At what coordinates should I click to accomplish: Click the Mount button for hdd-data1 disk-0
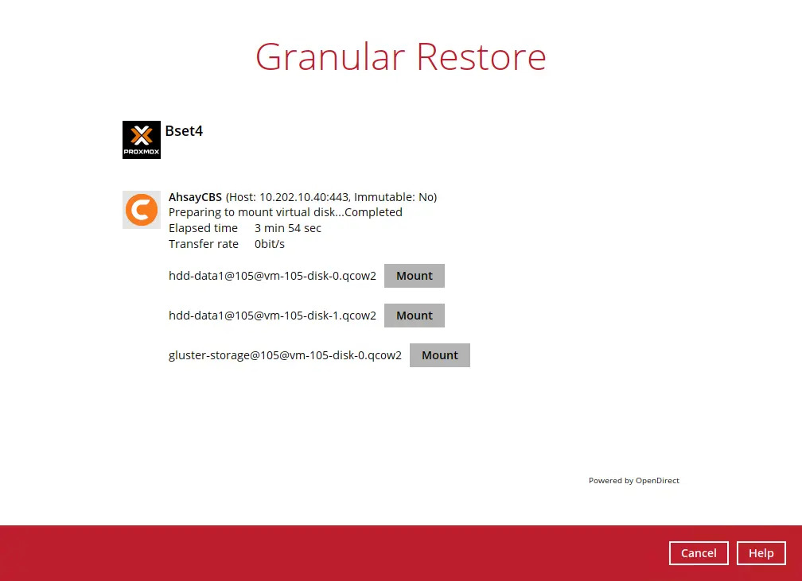tap(415, 276)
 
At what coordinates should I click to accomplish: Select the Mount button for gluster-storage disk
tap(440, 355)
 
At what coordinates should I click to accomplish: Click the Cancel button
tap(699, 553)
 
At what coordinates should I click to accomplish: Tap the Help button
tap(761, 553)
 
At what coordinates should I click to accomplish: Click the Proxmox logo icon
tap(142, 140)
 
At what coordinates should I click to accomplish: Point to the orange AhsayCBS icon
tap(142, 210)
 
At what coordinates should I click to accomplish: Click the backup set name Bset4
tap(184, 131)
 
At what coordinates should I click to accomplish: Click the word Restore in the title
tap(481, 56)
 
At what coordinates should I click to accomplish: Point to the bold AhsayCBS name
tap(196, 197)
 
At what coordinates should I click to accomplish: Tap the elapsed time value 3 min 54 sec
tap(288, 228)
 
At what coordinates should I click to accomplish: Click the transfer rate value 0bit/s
tap(270, 244)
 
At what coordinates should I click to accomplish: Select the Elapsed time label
tap(203, 228)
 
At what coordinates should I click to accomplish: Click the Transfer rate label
tap(204, 244)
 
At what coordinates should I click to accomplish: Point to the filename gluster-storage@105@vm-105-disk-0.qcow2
tap(286, 355)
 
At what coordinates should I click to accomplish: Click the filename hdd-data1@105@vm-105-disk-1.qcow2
tap(273, 316)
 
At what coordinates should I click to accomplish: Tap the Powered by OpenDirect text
tap(633, 480)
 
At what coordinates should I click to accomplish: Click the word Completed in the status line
tap(373, 212)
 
